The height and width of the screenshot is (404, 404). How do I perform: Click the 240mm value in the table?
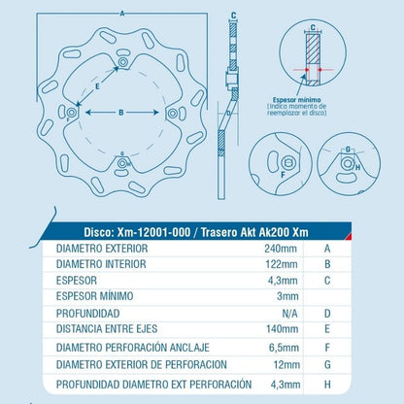[x=281, y=249]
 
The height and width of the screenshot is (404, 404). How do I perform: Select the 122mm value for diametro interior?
[x=282, y=264]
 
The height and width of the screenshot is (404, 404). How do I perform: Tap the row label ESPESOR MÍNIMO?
[x=94, y=296]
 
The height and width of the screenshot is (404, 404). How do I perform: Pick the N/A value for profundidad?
[x=289, y=314]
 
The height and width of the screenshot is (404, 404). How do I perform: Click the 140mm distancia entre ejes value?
[x=282, y=329]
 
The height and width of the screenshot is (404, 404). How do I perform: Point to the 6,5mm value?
[x=284, y=348]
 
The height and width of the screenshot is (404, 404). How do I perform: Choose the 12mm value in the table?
[x=286, y=365]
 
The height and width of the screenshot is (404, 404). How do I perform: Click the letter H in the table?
[x=327, y=385]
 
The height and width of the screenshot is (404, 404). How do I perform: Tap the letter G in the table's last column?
[x=327, y=365]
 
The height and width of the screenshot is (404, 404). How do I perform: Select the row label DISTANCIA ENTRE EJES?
[x=107, y=329]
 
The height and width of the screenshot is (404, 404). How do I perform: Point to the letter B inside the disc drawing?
[x=121, y=113]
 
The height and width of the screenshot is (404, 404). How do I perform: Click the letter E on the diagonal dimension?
[x=97, y=86]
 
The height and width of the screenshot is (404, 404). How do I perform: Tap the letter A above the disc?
[x=122, y=14]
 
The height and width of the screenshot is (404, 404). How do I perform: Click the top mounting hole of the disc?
[x=122, y=61]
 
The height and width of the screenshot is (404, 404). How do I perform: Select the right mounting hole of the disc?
[x=173, y=114]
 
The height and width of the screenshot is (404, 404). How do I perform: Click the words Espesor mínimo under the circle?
[x=297, y=100]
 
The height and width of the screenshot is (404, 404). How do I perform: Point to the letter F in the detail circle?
[x=283, y=175]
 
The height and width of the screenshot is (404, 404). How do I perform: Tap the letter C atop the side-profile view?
[x=234, y=16]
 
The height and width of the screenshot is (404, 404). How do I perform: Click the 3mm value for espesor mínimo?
[x=287, y=296]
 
